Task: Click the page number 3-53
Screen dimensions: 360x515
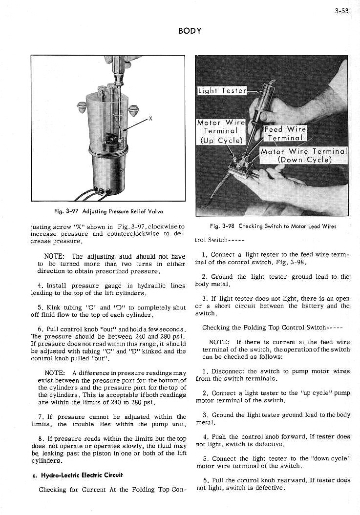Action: click(x=341, y=11)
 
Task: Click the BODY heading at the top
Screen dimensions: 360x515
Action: click(x=190, y=31)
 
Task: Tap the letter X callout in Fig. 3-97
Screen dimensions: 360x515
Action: click(x=150, y=119)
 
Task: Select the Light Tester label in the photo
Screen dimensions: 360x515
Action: click(x=222, y=91)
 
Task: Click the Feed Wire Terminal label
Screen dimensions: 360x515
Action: click(x=285, y=133)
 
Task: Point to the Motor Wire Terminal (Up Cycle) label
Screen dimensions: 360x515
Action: click(x=221, y=131)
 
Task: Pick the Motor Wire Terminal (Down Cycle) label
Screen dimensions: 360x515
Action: click(x=303, y=155)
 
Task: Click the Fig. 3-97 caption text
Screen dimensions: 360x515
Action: click(x=108, y=211)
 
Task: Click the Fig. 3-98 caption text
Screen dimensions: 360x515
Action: click(x=273, y=226)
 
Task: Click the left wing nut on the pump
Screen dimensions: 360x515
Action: click(x=81, y=107)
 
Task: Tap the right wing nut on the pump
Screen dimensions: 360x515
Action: click(x=134, y=111)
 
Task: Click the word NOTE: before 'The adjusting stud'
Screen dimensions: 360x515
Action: click(x=56, y=256)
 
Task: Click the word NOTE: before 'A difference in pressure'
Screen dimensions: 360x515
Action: click(x=55, y=373)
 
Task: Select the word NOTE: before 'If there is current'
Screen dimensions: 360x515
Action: click(x=219, y=342)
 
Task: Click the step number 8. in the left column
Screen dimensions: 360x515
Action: click(x=41, y=439)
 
